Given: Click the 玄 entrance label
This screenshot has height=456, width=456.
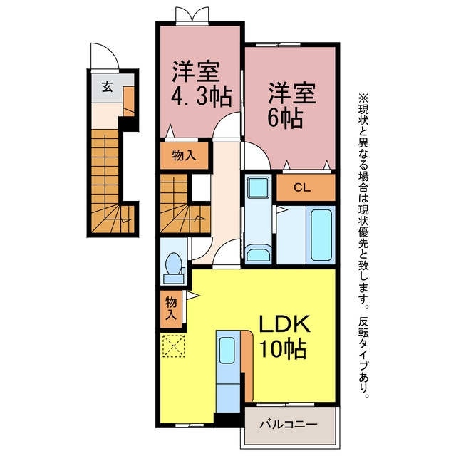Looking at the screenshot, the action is tap(107, 87).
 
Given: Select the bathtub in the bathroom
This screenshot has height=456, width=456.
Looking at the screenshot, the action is tap(321, 235).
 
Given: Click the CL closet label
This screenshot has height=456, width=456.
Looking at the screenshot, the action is tap(302, 187).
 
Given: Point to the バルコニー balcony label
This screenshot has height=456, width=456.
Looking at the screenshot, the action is tap(288, 425).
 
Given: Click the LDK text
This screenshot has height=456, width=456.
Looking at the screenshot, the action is tap(284, 324).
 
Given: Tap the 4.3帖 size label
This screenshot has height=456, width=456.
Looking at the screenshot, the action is tap(202, 97).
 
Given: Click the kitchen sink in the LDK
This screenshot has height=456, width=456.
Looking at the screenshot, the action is tap(227, 350).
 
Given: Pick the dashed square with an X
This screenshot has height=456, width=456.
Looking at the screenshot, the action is tap(174, 346).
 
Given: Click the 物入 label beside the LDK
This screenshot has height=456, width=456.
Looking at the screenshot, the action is tap(171, 309).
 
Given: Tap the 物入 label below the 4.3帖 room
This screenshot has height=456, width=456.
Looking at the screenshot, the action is tap(184, 155).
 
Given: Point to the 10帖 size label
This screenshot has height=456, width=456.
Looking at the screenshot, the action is tap(283, 348).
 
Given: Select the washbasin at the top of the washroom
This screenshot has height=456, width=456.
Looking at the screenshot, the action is tap(258, 187).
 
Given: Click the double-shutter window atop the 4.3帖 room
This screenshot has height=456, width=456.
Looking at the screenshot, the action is tap(192, 15).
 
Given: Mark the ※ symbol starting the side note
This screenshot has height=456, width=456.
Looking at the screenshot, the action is tap(363, 98).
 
